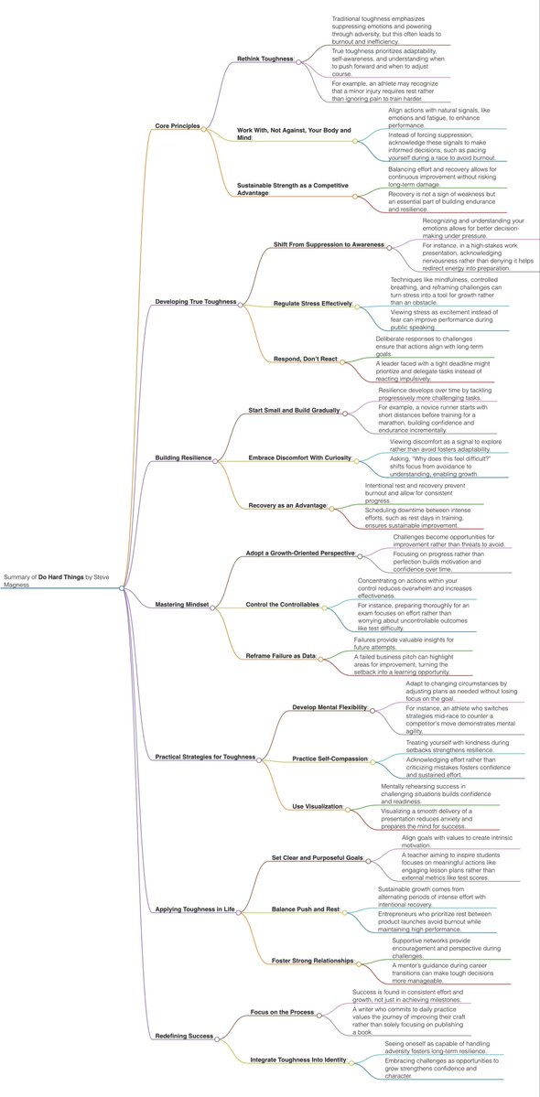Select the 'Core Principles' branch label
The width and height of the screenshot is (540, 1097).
[177, 126]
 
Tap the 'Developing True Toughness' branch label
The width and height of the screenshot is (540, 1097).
[195, 302]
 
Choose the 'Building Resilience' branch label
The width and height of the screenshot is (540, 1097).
[183, 458]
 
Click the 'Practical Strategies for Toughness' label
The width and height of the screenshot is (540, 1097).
[205, 757]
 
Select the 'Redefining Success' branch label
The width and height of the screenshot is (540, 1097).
[184, 1036]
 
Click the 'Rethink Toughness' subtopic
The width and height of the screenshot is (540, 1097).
[265, 59]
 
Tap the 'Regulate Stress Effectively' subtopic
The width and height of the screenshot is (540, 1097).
[313, 304]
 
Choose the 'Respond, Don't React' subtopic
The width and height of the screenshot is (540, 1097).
[306, 359]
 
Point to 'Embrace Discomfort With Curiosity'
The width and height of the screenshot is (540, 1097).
[299, 458]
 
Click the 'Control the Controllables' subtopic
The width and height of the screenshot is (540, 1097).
[283, 604]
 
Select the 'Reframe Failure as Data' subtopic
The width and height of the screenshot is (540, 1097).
[280, 655]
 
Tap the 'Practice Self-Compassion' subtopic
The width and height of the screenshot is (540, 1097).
[329, 758]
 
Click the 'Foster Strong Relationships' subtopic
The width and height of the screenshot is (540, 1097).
[313, 961]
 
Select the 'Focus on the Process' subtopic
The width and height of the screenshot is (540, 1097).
[283, 1012]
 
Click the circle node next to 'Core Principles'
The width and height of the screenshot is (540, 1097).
[203, 127]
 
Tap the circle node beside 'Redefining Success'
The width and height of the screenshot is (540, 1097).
[217, 1039]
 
